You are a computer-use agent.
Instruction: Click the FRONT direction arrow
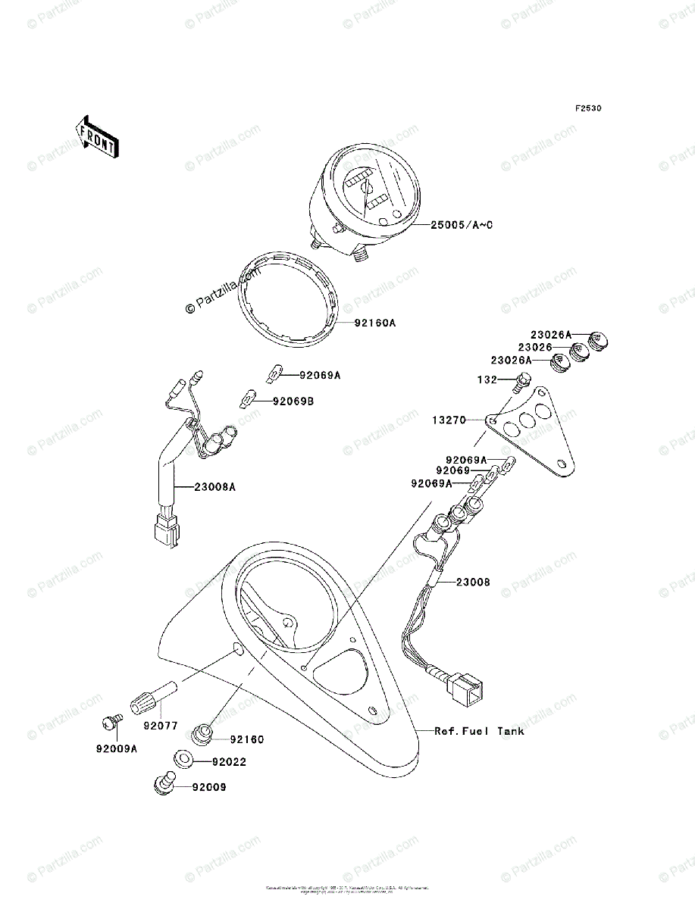[x=95, y=136]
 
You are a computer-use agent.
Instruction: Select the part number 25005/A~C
[x=462, y=225]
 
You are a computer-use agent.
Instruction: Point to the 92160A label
[x=375, y=323]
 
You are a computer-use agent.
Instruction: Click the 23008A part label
[x=214, y=487]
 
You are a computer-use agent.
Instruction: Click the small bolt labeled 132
[x=522, y=381]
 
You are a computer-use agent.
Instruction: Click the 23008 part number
[x=472, y=583]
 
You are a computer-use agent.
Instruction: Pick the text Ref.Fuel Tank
[x=479, y=731]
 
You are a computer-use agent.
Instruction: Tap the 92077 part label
[x=158, y=725]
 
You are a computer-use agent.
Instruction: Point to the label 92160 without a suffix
[x=247, y=739]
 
